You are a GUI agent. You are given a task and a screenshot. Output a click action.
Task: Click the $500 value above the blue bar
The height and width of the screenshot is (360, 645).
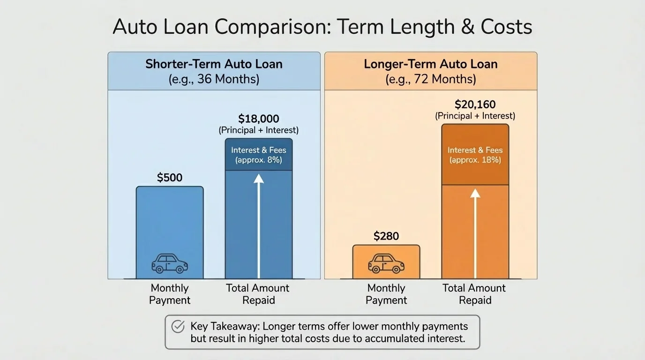169,178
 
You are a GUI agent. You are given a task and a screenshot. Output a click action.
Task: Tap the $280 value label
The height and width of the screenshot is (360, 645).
386,236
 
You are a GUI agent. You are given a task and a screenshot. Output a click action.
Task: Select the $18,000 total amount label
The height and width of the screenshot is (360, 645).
258,119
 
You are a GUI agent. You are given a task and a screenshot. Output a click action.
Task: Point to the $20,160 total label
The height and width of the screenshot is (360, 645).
475,105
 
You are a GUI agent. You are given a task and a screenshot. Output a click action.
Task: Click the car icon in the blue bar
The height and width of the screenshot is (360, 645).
169,263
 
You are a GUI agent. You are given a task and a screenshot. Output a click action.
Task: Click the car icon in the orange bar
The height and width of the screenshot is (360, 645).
386,263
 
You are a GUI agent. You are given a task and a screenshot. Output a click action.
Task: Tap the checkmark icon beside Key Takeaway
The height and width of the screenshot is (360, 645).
178,326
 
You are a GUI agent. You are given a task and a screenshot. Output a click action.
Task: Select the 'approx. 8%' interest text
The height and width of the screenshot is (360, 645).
258,160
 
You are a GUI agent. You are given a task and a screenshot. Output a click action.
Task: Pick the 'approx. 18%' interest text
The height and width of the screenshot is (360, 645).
475,160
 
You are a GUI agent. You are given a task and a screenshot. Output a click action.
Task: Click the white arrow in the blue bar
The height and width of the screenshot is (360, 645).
259,225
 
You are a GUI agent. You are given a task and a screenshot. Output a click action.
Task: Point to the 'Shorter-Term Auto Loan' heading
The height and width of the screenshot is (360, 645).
214,64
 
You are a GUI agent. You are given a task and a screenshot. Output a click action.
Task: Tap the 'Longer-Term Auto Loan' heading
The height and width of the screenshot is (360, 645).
430,64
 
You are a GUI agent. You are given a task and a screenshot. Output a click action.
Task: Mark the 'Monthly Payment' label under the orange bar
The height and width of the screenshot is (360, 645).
386,294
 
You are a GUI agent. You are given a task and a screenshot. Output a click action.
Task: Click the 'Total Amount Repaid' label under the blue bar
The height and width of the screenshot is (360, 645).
258,294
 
